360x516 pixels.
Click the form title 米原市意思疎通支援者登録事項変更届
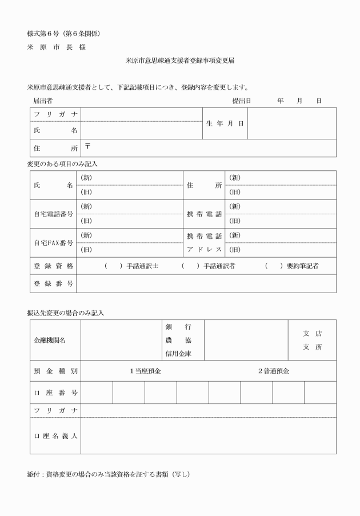[179, 60]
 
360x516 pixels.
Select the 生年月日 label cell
[225, 123]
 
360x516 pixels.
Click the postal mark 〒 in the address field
[88, 147]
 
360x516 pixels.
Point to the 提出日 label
[242, 101]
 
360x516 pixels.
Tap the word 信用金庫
[178, 354]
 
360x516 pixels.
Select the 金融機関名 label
[50, 340]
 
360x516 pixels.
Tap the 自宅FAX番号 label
[54, 243]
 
